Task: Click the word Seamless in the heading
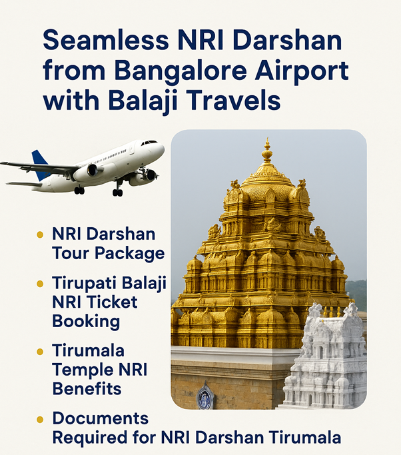(106, 40)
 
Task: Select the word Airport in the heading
(302, 71)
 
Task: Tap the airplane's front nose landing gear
(117, 189)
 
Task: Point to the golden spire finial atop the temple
(267, 151)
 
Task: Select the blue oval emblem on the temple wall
(205, 396)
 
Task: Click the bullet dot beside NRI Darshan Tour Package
(40, 234)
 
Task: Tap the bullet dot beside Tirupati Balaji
(40, 283)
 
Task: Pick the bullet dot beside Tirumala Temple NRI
(40, 352)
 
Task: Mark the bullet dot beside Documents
(40, 420)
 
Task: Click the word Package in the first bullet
(130, 254)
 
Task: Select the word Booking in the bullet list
(86, 322)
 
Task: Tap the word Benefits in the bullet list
(87, 388)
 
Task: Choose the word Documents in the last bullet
(101, 418)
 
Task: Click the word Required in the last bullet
(90, 438)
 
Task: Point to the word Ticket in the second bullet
(112, 302)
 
